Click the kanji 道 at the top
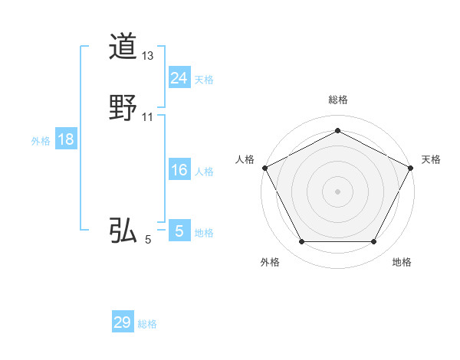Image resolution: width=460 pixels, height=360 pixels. pos(123,47)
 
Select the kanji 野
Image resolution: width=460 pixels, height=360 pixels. pos(123,108)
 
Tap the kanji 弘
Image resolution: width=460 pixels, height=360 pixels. pos(123,231)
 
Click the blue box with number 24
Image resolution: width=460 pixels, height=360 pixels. pos(179,77)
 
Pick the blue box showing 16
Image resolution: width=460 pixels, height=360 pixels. pos(179,170)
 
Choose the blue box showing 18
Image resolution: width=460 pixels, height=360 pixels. pos(65,139)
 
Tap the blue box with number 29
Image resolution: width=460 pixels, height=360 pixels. pos(123,322)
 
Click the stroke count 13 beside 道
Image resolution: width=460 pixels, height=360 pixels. pos(148,56)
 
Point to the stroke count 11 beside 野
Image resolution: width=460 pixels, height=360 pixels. pos(148,117)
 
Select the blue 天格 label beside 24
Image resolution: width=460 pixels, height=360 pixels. pos(204,80)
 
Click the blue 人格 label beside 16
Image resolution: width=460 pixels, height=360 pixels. pos(204,172)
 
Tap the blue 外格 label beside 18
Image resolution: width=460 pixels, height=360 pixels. pos(41,141)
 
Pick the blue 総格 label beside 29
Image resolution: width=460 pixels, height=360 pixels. pos(147,324)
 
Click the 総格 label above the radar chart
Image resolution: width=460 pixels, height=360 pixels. pos(337,100)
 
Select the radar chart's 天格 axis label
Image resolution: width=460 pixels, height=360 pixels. pos(431,159)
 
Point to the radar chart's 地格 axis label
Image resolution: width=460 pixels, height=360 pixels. pos(402,262)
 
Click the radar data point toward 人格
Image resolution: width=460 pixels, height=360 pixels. pos(264,167)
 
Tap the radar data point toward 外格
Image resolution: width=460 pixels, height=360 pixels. pos(301,242)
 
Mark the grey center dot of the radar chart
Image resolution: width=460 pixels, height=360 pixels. pos(337,191)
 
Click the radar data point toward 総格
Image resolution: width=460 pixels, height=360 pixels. pos(337,130)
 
